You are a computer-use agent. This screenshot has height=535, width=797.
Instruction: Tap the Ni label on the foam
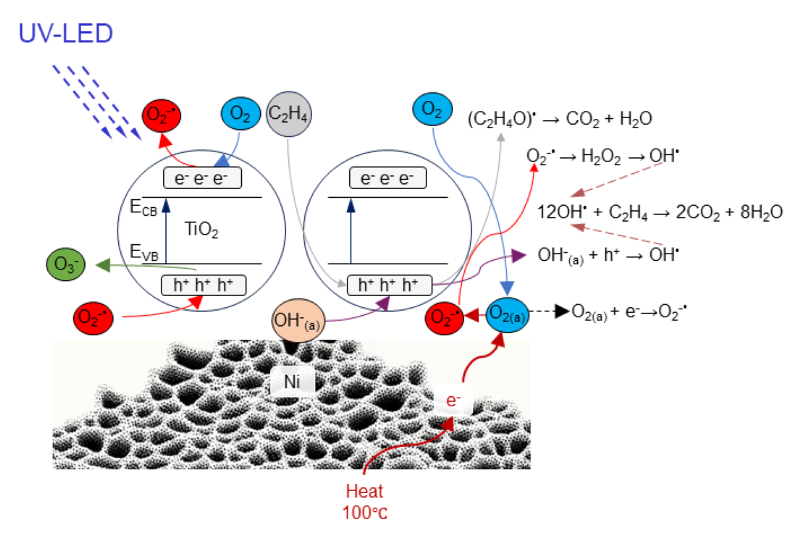point(292,381)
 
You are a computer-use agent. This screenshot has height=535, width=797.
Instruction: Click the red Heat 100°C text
point(363,501)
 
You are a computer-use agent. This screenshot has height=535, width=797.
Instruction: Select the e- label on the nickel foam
point(454,400)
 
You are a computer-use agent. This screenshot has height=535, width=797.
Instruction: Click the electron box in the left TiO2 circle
point(203,179)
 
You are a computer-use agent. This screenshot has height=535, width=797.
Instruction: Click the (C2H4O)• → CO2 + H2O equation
point(559,119)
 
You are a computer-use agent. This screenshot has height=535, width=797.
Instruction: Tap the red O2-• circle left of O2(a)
point(444,318)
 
